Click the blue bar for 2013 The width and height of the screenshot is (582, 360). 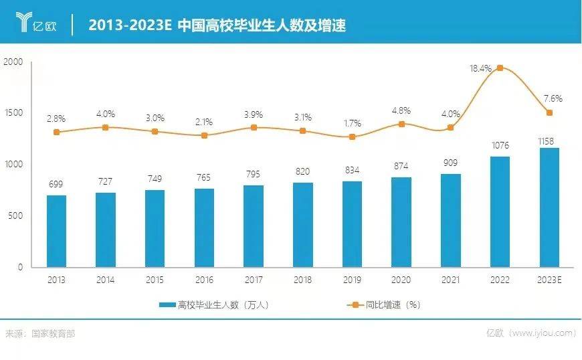[56, 231]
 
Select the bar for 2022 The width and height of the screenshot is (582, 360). [500, 211]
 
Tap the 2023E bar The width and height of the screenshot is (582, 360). [549, 207]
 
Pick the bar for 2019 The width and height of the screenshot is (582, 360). [352, 224]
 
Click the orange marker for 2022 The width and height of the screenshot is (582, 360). [500, 68]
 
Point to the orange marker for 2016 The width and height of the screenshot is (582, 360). [204, 135]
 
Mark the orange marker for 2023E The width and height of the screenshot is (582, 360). [549, 112]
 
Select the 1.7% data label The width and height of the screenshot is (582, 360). [352, 123]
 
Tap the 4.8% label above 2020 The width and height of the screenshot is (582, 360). [401, 110]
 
